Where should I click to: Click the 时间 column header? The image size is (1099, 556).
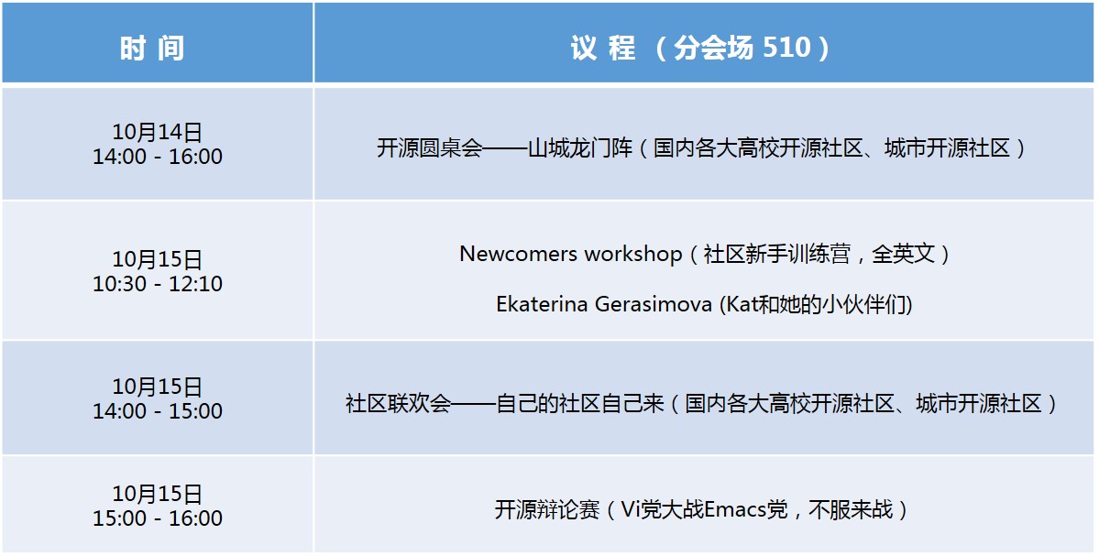pyautogui.click(x=152, y=49)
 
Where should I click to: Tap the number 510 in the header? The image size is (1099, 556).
pyautogui.click(x=786, y=47)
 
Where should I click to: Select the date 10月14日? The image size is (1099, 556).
pyautogui.click(x=158, y=132)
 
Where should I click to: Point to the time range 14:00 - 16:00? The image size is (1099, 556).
pyautogui.click(x=158, y=156)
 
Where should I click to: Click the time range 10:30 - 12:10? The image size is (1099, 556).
pyautogui.click(x=158, y=284)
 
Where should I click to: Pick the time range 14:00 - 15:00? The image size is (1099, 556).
pyautogui.click(x=158, y=411)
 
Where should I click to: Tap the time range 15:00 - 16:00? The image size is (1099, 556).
pyautogui.click(x=158, y=518)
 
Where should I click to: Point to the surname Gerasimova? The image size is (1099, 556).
pyautogui.click(x=654, y=304)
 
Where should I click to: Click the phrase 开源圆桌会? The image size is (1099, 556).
pyautogui.click(x=430, y=147)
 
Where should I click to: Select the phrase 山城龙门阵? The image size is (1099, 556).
pyautogui.click(x=580, y=147)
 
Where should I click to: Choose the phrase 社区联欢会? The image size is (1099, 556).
pyautogui.click(x=398, y=403)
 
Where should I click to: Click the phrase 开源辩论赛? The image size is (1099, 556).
pyautogui.click(x=547, y=509)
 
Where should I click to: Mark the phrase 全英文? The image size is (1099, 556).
pyautogui.click(x=904, y=254)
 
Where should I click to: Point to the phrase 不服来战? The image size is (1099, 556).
pyautogui.click(x=851, y=509)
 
